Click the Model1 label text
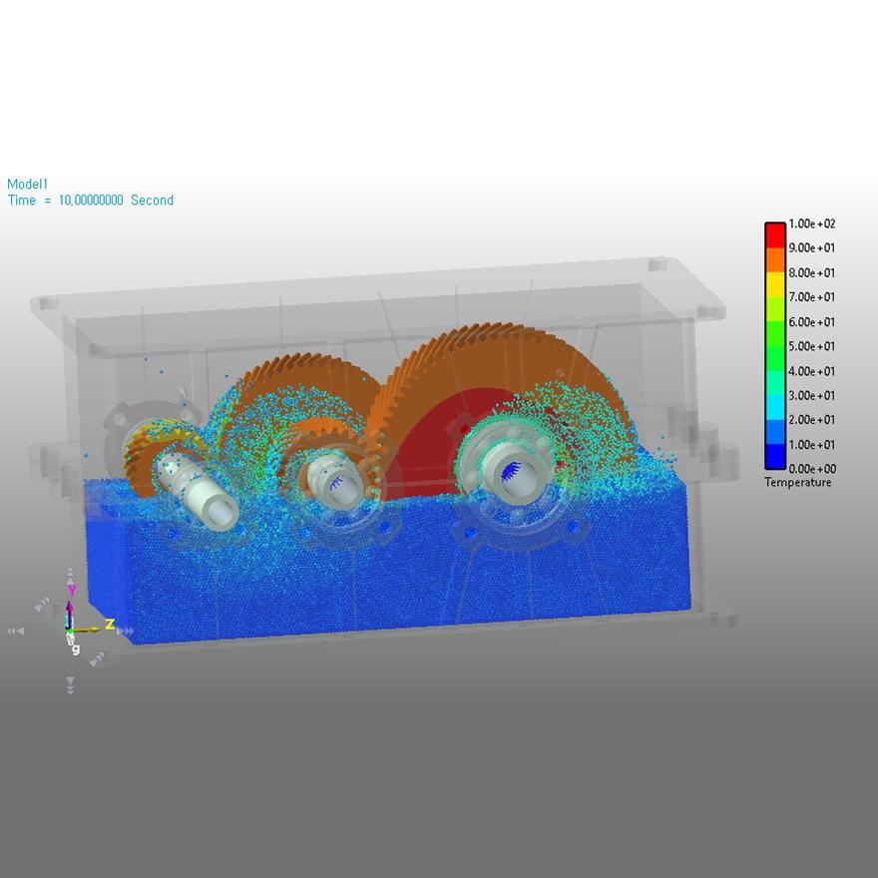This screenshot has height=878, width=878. point(27,184)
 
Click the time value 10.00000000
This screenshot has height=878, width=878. point(85,201)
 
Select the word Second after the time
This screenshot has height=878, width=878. point(152,201)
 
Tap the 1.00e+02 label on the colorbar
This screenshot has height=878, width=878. point(811,223)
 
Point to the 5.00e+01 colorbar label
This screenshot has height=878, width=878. point(811,346)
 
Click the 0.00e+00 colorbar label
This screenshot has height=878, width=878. point(811,469)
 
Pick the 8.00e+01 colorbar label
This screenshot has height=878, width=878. point(811,272)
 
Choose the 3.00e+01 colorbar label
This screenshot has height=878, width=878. point(811,395)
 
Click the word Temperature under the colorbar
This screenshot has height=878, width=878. point(797,483)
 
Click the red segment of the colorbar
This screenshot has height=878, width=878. point(774,234)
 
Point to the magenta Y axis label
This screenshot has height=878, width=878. point(70,591)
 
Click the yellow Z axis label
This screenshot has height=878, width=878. point(110,625)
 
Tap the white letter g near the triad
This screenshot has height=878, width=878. point(75,649)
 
